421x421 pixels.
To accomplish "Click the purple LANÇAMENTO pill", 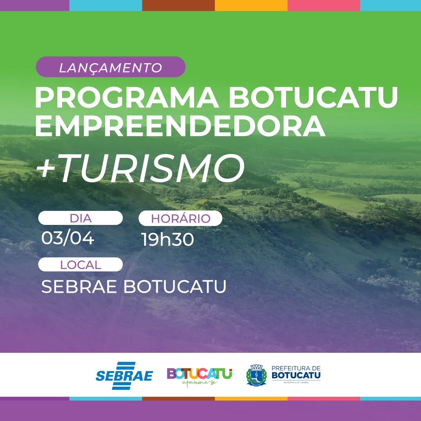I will coord(110,67).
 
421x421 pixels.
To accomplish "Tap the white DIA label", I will coord(80,218).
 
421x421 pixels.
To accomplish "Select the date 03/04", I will coord(67,238).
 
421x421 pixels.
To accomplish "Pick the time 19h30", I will coord(167,239).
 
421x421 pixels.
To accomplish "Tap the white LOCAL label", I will coord(80,265).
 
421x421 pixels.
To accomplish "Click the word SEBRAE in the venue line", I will coord(79,287).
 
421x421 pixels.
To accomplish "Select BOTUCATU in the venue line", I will coord(175,287).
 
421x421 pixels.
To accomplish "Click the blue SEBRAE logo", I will coord(124,375).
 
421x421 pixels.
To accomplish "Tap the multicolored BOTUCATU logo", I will coord(200,373).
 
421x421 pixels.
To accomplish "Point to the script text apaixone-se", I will coord(199,382).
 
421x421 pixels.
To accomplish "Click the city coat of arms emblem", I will coord(256,375).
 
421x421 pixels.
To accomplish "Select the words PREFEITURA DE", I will coord(295,368).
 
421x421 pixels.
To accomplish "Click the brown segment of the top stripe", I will coord(178,5).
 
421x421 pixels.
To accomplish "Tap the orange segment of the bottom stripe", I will coord(251,399).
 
